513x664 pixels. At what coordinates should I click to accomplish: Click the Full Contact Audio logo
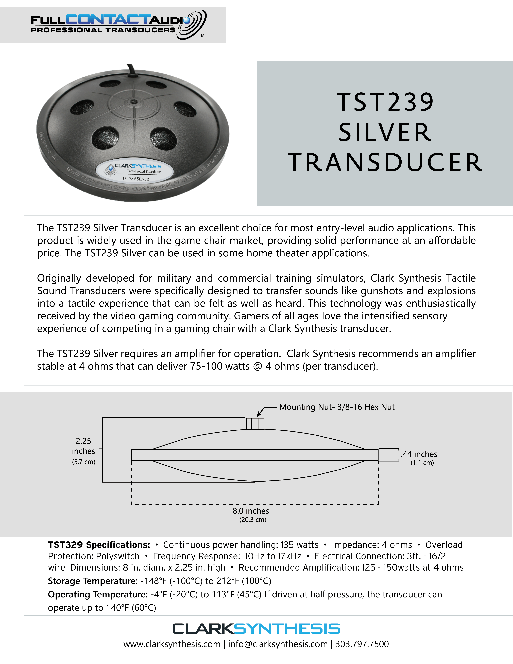[118, 25]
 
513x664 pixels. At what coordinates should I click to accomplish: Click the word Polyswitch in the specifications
[118, 556]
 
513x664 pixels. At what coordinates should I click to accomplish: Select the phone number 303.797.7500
[362, 644]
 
